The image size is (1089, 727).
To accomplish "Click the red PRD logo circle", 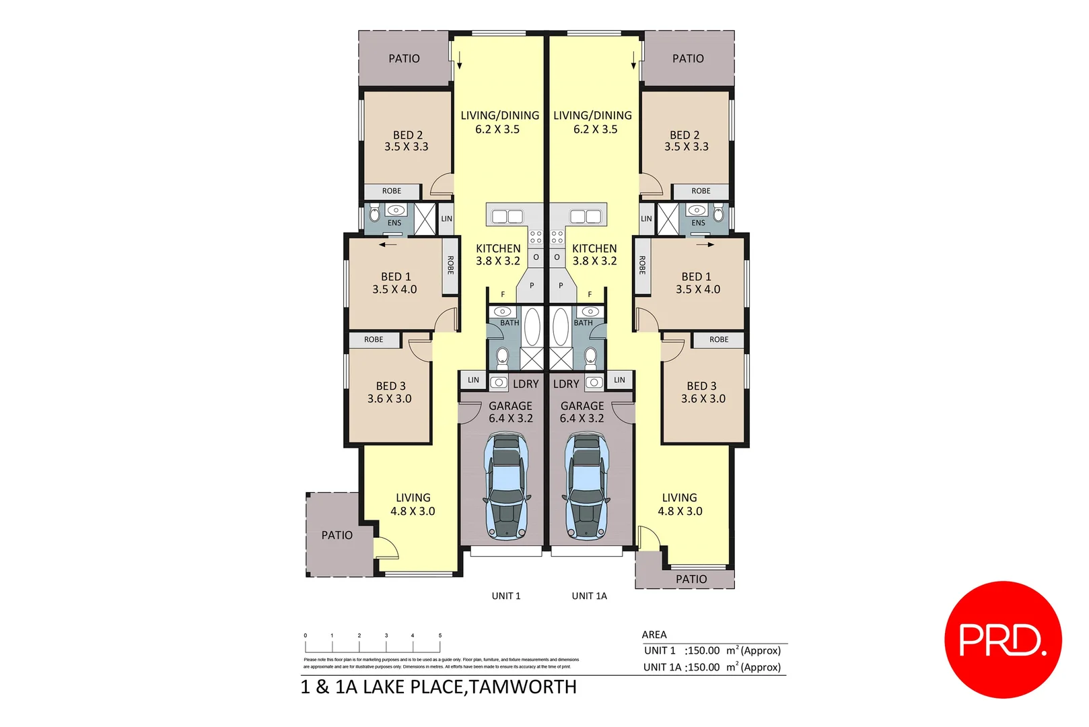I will click(1002, 639).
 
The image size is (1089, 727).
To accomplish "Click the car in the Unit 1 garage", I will click(505, 486).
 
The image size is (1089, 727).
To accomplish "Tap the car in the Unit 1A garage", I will click(586, 486).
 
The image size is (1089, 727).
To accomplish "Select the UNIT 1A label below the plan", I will click(589, 596).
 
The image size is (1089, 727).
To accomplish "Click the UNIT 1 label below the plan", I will click(505, 596).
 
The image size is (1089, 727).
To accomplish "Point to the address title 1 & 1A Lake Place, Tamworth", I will click(438, 687).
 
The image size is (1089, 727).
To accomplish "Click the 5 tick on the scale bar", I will click(440, 635).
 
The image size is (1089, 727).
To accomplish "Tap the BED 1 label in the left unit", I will click(395, 277).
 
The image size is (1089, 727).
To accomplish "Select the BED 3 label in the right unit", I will click(701, 386).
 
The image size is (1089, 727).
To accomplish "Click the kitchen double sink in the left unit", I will click(507, 216).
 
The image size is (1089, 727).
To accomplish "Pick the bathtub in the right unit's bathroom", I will click(561, 327).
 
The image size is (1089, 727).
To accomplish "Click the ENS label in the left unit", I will click(394, 223).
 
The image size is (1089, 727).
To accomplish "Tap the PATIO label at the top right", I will click(688, 59).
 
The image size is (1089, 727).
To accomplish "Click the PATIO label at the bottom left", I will click(337, 535).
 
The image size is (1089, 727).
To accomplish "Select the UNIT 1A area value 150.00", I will click(703, 667).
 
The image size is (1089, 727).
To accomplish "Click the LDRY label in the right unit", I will click(566, 384).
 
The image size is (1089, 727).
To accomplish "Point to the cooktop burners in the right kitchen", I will click(557, 237).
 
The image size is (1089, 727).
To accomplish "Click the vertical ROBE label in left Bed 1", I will click(450, 265).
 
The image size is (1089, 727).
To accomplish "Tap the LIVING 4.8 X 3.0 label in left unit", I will click(413, 504).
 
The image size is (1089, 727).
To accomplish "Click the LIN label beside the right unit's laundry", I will click(619, 380).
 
